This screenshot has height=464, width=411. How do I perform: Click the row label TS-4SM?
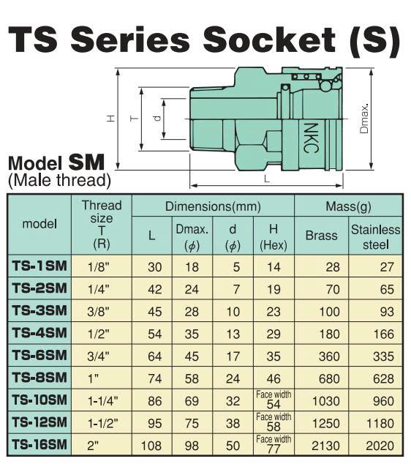click(39, 333)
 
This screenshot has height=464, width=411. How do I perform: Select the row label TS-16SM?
click(39, 444)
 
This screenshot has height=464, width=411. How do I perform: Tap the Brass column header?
click(321, 236)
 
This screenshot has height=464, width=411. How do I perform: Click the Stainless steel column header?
click(375, 237)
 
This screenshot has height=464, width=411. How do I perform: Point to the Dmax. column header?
click(192, 237)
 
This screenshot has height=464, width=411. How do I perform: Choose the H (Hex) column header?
click(274, 237)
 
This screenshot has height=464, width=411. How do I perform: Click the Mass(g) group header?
click(348, 206)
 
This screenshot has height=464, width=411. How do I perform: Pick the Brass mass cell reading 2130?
click(325, 446)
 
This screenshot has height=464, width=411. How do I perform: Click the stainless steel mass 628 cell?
click(383, 379)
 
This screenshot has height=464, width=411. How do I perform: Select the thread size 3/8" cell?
click(98, 312)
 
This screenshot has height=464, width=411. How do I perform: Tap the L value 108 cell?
click(151, 446)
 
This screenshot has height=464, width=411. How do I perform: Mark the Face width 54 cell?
click(274, 400)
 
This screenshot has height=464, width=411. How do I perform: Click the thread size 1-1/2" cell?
click(102, 424)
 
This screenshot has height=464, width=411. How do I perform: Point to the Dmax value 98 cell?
click(192, 446)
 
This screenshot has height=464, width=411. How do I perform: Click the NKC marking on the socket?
click(311, 138)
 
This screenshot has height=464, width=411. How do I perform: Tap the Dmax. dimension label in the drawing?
click(364, 119)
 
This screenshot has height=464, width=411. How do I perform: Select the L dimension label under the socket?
click(267, 179)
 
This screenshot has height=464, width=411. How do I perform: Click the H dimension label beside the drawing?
click(110, 119)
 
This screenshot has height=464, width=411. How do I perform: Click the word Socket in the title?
click(269, 40)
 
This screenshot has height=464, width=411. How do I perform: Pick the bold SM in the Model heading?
click(86, 162)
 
